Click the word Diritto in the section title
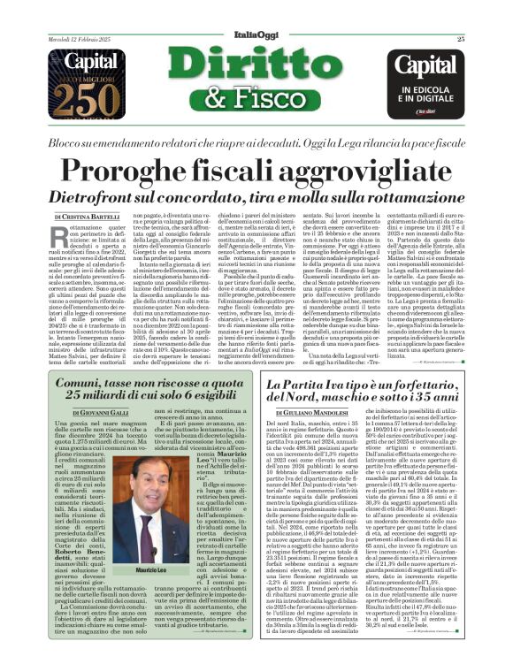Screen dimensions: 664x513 pos(256,51)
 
